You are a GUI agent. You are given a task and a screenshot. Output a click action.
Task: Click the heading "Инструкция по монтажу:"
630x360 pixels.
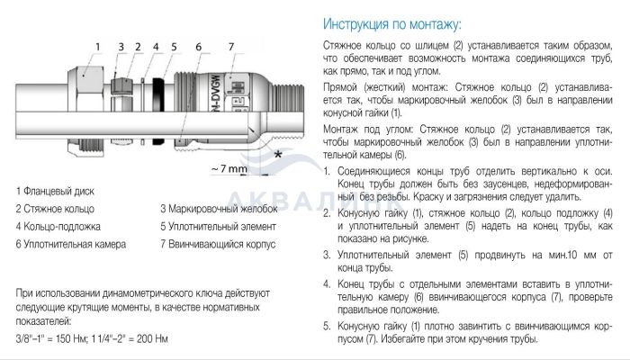pyautogui.click(x=392, y=24)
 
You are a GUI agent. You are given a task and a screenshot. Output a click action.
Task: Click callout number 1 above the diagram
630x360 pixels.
pyautogui.click(x=97, y=47)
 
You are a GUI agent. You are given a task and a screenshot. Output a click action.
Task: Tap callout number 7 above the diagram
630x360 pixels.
pyautogui.click(x=231, y=47)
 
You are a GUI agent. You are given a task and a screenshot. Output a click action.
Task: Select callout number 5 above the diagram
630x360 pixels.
pyautogui.click(x=174, y=47)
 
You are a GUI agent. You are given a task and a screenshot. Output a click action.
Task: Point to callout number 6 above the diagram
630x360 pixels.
pyautogui.click(x=199, y=47)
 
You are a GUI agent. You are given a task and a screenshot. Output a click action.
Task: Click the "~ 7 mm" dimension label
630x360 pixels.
pyautogui.click(x=229, y=168)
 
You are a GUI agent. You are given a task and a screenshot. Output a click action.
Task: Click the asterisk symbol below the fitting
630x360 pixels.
pyautogui.click(x=277, y=155)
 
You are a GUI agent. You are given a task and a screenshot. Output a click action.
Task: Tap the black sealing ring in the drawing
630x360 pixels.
pyautogui.click(x=158, y=112)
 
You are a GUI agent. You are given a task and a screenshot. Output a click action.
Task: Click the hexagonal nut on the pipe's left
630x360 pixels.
pyautogui.click(x=85, y=112)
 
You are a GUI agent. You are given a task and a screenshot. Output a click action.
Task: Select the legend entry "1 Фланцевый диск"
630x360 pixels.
pyautogui.click(x=55, y=191)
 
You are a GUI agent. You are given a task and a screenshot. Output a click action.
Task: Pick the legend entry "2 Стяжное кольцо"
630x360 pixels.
pyautogui.click(x=55, y=209)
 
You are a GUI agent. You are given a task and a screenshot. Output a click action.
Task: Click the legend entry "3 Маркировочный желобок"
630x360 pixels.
pyautogui.click(x=219, y=209)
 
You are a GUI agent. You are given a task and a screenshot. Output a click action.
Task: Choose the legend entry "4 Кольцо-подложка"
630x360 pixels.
pyautogui.click(x=58, y=227)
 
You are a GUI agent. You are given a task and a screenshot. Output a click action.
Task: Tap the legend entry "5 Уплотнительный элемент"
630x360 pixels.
pyautogui.click(x=218, y=227)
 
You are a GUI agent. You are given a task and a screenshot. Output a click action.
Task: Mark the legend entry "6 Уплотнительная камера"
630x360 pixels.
pyautogui.click(x=71, y=244)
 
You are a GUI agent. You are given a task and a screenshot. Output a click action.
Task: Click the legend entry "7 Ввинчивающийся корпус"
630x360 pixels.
pyautogui.click(x=218, y=244)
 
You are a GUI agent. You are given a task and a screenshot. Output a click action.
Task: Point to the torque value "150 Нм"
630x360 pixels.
pyautogui.click(x=70, y=338)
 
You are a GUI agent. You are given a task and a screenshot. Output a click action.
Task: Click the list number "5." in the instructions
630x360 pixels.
pyautogui.click(x=327, y=326)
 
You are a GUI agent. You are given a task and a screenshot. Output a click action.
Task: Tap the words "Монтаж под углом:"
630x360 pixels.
pyautogui.click(x=367, y=130)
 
